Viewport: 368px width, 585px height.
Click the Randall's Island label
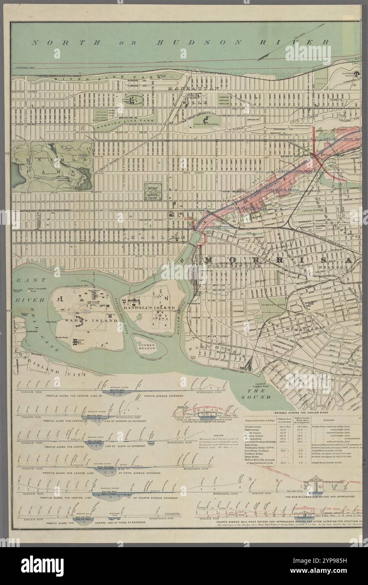tap(153, 308)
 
